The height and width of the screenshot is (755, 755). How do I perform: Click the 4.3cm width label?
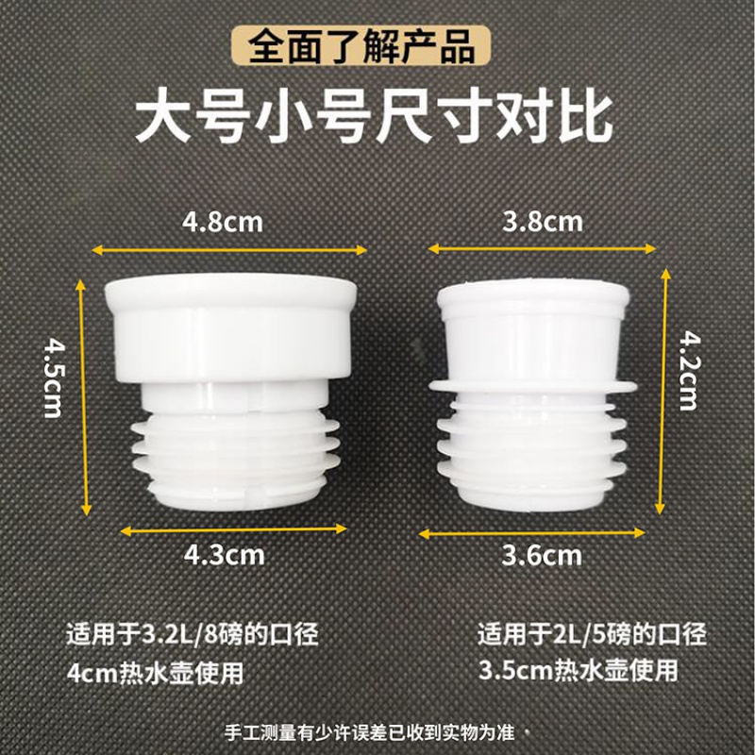(x=224, y=554)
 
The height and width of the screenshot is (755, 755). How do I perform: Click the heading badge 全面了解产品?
(x=361, y=45)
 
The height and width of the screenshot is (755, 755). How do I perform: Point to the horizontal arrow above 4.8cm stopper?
(x=229, y=249)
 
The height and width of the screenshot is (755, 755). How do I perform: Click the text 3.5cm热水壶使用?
(x=578, y=672)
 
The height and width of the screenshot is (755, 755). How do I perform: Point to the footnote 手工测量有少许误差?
(x=374, y=732)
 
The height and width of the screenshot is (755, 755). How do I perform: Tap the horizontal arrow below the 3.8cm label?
(x=543, y=248)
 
